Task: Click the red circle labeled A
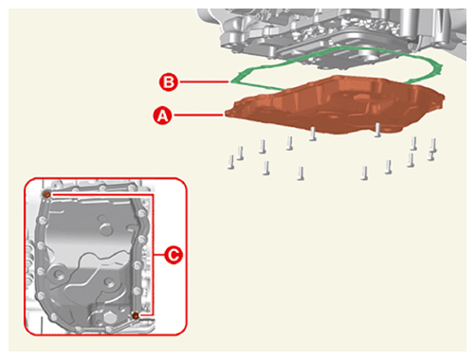[163, 116]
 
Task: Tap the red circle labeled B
[169, 82]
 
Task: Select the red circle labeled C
[174, 255]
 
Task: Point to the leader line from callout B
[204, 82]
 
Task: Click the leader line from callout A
[199, 116]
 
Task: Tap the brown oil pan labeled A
[335, 106]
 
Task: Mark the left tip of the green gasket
[231, 81]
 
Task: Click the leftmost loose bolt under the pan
[231, 162]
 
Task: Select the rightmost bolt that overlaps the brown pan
[377, 130]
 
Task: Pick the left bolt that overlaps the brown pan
[313, 134]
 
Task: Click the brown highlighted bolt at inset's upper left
[46, 194]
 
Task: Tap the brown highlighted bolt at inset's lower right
[136, 315]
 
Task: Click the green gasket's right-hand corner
[441, 67]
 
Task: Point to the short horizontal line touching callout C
[158, 255]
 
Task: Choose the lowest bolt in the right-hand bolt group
[364, 173]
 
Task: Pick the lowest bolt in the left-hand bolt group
[301, 173]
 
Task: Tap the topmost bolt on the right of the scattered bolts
[433, 145]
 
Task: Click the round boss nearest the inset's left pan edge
[58, 274]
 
